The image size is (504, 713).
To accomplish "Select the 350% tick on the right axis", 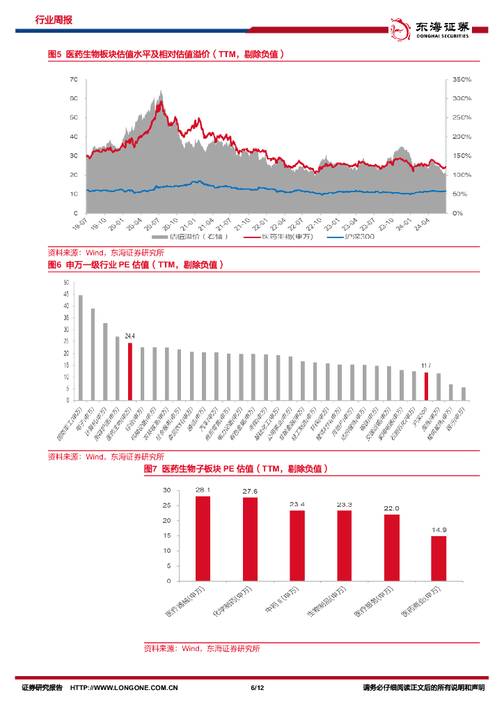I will pyautogui.click(x=462, y=80).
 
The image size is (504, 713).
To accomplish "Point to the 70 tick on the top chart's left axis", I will pyautogui.click(x=73, y=80).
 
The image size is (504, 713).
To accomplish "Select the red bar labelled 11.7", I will pyautogui.click(x=426, y=386).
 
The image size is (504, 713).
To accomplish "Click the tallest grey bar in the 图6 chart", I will pyautogui.click(x=81, y=348).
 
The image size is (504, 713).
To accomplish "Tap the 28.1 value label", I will pyautogui.click(x=203, y=489).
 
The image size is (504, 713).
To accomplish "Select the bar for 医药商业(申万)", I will pyautogui.click(x=439, y=558).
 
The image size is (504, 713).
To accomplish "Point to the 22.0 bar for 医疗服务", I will pyautogui.click(x=392, y=547).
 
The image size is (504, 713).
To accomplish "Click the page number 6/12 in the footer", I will pyautogui.click(x=257, y=688).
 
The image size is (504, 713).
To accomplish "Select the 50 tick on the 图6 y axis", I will pyautogui.click(x=66, y=283).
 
